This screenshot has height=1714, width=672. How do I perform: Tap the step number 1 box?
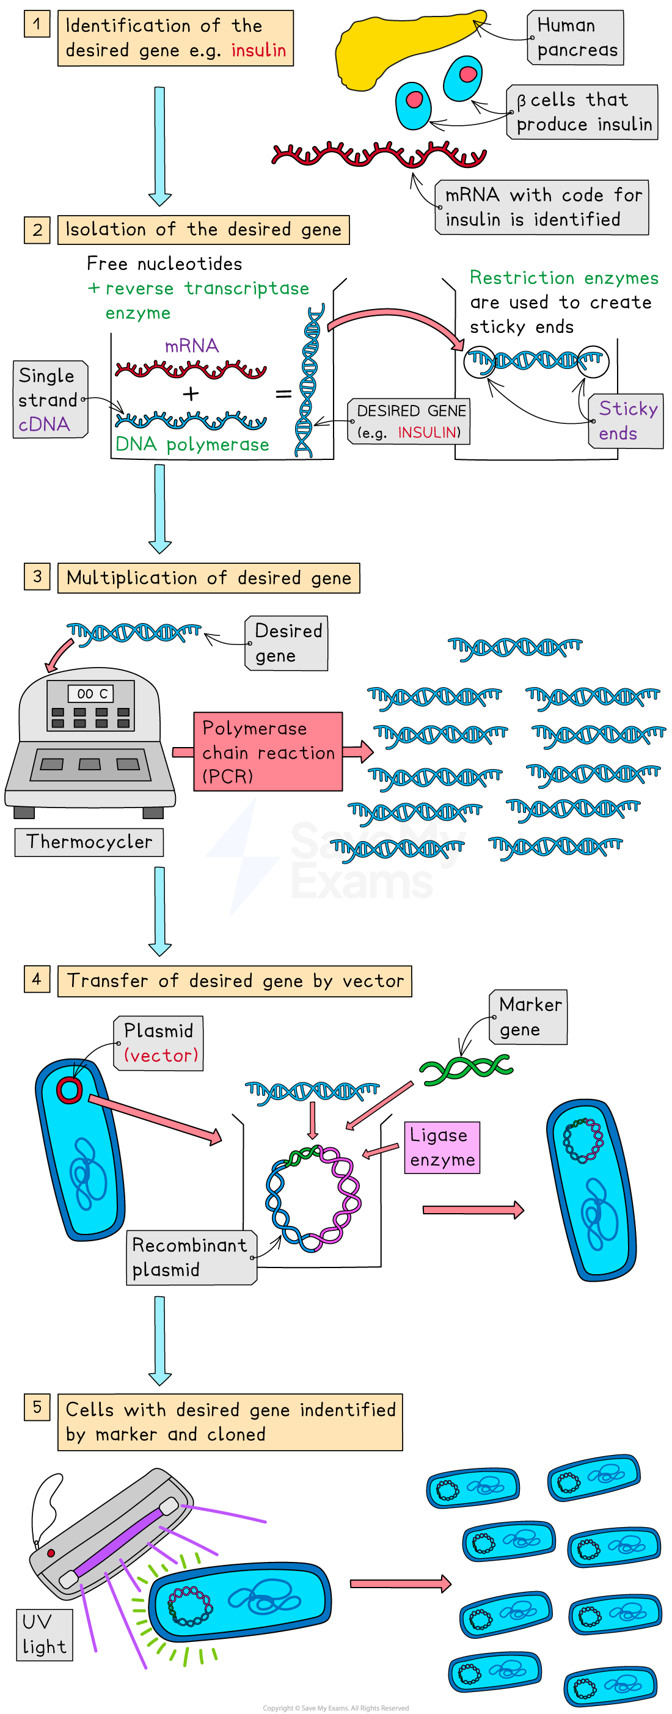click(37, 24)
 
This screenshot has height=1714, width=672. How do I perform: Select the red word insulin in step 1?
click(258, 51)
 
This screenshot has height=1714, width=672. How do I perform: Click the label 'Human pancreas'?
click(575, 38)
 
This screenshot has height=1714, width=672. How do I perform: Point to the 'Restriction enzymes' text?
click(563, 278)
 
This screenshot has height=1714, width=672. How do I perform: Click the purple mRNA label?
click(192, 345)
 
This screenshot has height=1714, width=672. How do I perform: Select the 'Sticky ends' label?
click(626, 420)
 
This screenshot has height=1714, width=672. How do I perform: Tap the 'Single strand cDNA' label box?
click(50, 399)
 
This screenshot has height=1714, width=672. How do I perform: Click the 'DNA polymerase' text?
click(192, 445)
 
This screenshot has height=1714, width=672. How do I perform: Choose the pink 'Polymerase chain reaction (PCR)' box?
click(268, 752)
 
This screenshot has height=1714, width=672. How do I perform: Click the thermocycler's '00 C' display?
click(91, 694)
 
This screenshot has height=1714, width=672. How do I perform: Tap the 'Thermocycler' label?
click(89, 842)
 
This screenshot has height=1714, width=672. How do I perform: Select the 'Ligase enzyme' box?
click(442, 1147)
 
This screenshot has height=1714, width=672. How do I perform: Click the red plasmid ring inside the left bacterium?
click(69, 1090)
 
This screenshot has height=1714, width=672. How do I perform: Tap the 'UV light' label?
click(44, 1634)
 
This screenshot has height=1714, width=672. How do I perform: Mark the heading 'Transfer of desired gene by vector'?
click(235, 981)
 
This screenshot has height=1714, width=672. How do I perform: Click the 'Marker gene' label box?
click(529, 1016)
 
